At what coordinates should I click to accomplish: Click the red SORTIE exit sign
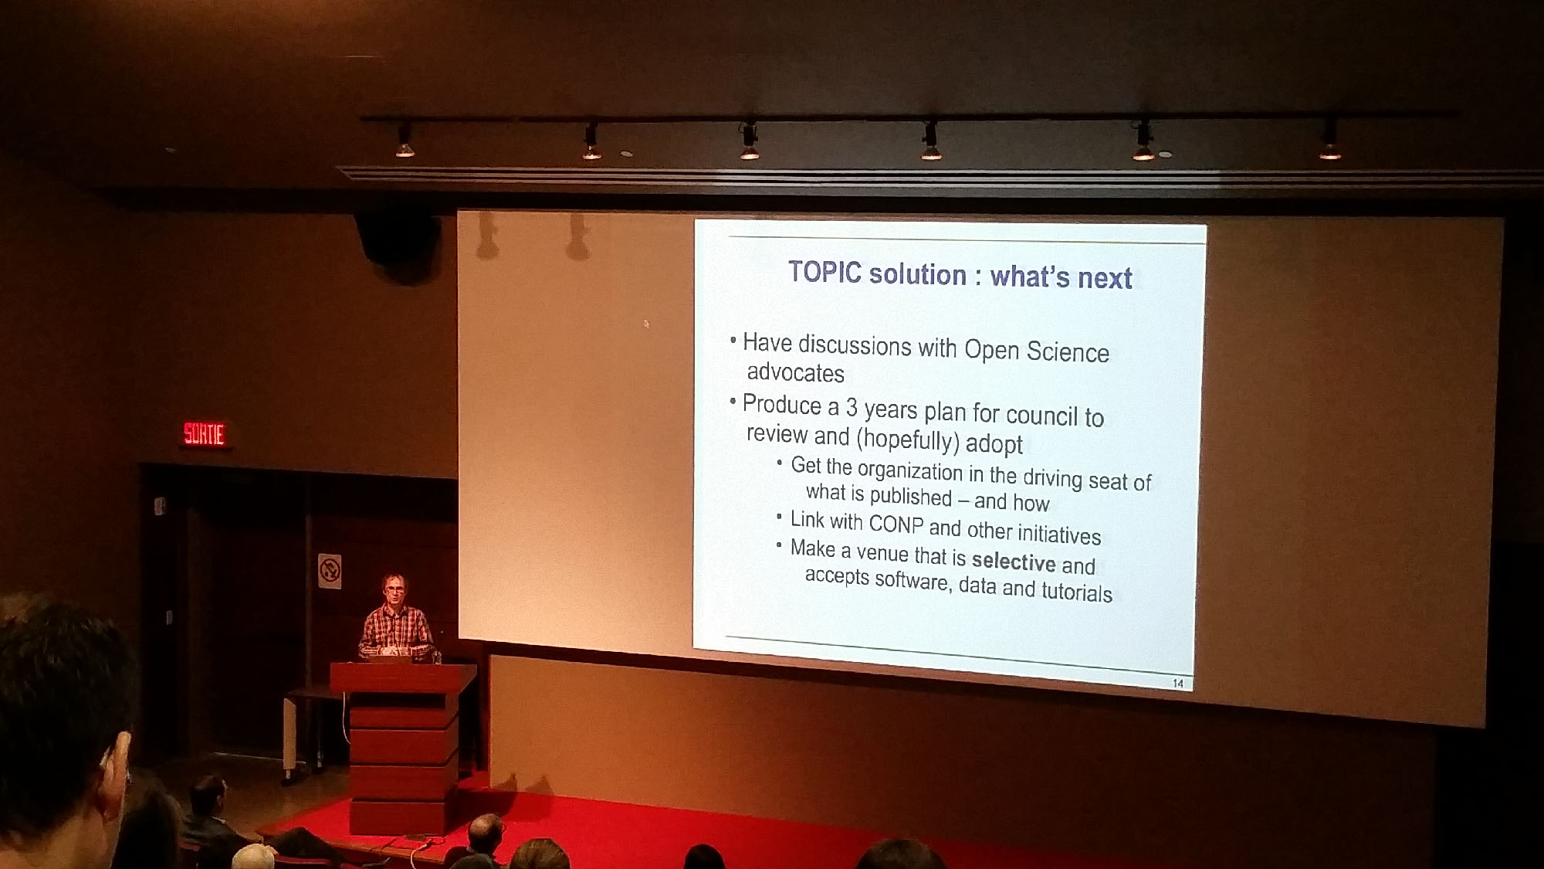[204, 433]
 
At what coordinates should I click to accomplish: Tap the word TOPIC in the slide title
[824, 272]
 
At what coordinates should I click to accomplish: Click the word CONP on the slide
[896, 524]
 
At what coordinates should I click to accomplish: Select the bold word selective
[1013, 561]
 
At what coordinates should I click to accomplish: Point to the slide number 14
[1178, 683]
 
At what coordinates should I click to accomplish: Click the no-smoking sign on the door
[330, 571]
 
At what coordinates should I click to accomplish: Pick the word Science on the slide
[1068, 352]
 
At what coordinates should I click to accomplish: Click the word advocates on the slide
[795, 372]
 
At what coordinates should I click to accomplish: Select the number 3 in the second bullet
[852, 406]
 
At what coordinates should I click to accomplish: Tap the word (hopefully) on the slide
[908, 440]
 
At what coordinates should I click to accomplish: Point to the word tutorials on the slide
[1077, 591]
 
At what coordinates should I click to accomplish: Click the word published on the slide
[910, 496]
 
